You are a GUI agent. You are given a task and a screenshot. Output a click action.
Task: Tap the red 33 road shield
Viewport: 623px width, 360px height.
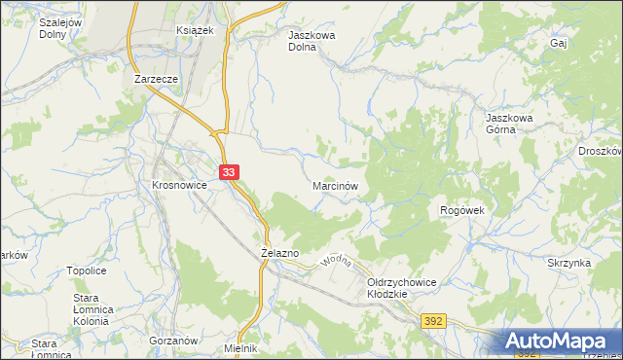(x=229, y=172)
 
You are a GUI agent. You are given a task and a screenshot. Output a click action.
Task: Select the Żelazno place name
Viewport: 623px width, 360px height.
(x=280, y=253)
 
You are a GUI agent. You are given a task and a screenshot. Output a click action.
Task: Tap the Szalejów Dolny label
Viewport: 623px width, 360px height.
(x=57, y=27)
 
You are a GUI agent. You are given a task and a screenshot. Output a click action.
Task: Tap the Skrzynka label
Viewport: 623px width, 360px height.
(x=569, y=264)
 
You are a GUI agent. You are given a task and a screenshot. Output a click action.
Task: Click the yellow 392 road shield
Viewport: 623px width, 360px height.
(x=435, y=320)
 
